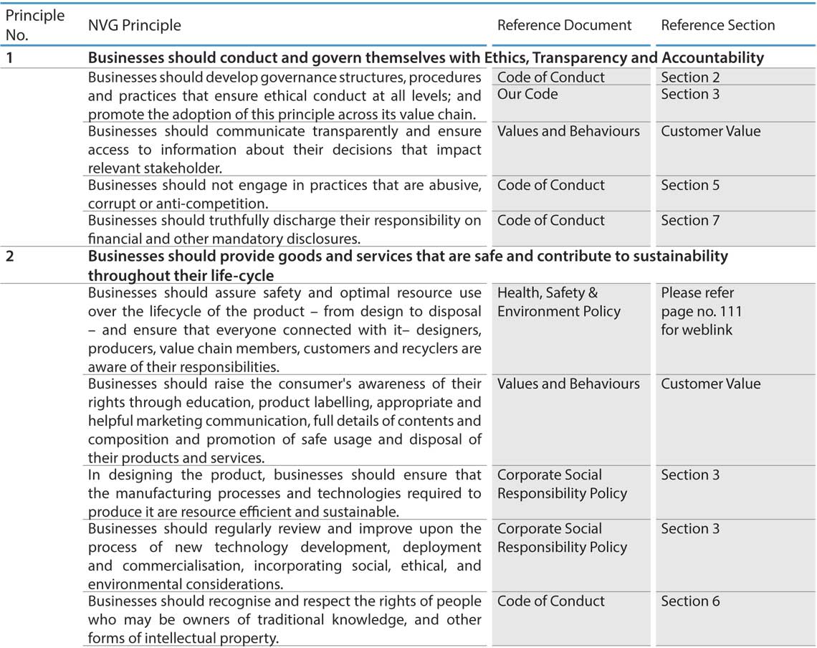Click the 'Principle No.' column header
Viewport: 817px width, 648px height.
coord(34,24)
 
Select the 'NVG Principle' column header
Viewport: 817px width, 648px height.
coord(134,25)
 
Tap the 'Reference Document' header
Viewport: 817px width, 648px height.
coord(564,25)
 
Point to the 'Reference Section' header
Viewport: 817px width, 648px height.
coord(717,25)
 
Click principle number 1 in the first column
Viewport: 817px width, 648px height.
coord(9,58)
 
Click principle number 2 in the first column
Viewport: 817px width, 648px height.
coord(9,256)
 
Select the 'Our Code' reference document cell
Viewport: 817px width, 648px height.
coord(527,94)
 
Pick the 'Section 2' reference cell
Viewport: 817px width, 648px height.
coord(690,77)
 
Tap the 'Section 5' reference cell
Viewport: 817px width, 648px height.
coord(690,185)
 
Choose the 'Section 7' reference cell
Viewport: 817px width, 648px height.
coord(690,220)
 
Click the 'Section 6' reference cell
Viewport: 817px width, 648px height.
coord(690,601)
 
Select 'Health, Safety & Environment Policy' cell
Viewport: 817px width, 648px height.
coord(558,302)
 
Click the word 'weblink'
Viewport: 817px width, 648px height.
coord(707,330)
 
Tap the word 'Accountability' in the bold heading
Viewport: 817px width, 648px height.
coord(712,58)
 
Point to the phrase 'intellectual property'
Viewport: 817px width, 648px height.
coord(208,637)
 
